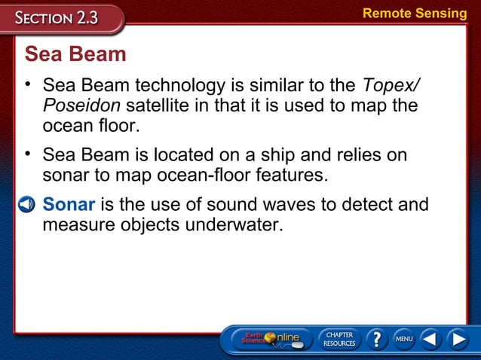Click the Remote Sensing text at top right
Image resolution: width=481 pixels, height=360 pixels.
(415, 13)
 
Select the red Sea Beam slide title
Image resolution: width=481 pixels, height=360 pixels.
(75, 55)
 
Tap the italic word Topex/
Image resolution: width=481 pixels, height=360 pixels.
(392, 85)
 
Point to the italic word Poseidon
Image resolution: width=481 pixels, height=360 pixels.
(81, 105)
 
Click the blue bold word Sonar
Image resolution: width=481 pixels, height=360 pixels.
(69, 204)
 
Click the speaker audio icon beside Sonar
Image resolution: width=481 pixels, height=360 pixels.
(26, 205)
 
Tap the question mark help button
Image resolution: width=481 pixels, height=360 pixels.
(375, 340)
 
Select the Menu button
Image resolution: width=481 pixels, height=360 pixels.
(404, 340)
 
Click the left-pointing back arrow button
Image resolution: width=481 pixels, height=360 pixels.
(430, 340)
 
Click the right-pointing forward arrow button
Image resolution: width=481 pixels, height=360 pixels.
(458, 340)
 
